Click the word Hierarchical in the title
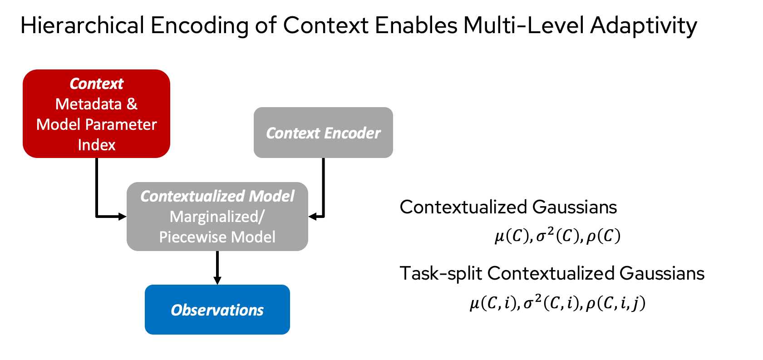[x=82, y=26]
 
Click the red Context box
[x=96, y=113]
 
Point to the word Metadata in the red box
[x=89, y=104]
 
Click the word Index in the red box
[x=96, y=145]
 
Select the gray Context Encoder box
[x=323, y=133]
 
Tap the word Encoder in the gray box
[x=352, y=133]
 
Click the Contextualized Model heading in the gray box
[x=217, y=196]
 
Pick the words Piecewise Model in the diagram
[x=217, y=237]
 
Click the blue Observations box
[x=217, y=310]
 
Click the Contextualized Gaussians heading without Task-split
[x=508, y=207]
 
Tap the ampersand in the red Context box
[x=132, y=104]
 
